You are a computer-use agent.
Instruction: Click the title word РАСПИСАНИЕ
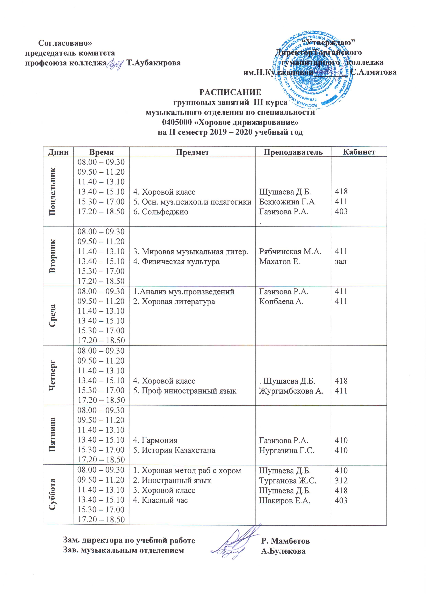pos(230,92)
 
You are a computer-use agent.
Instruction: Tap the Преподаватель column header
pos(293,152)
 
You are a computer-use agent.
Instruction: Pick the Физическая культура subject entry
pos(181,261)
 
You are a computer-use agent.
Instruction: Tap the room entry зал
pos(341,261)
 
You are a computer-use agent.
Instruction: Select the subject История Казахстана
pos(178,450)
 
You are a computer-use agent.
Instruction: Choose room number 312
pos(341,481)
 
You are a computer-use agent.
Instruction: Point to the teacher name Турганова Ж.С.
pos(288,481)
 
